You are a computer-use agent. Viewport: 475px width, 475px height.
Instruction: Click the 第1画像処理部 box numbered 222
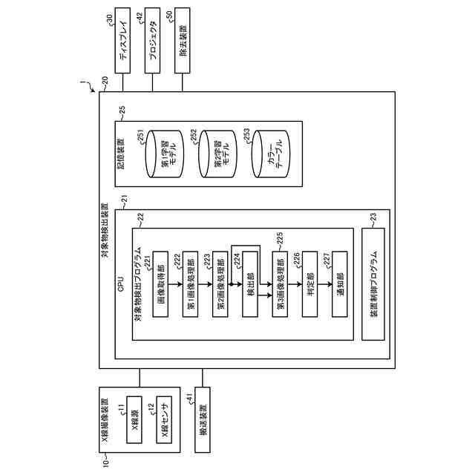tap(191, 284)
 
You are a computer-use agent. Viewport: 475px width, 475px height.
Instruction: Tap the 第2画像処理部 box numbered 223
tap(220, 284)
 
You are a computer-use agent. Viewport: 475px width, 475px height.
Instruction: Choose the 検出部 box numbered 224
tap(251, 284)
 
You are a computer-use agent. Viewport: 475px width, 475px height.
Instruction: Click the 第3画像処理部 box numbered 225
tap(280, 284)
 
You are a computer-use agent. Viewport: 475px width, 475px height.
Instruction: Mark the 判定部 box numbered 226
tap(310, 284)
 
